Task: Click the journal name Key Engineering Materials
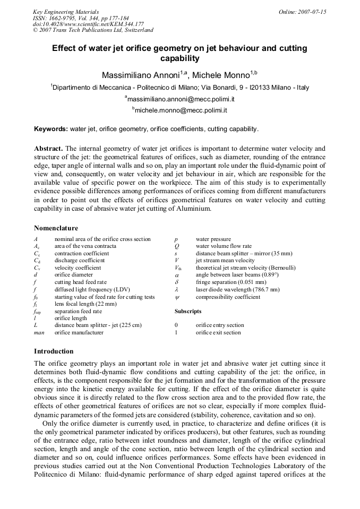click(66, 11)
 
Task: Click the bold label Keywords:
click(51, 129)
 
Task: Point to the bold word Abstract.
click(48, 149)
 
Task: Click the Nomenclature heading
click(56, 228)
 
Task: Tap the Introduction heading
click(54, 351)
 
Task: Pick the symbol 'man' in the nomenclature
click(39, 333)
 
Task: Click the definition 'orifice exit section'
click(218, 333)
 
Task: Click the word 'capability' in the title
click(179, 58)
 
